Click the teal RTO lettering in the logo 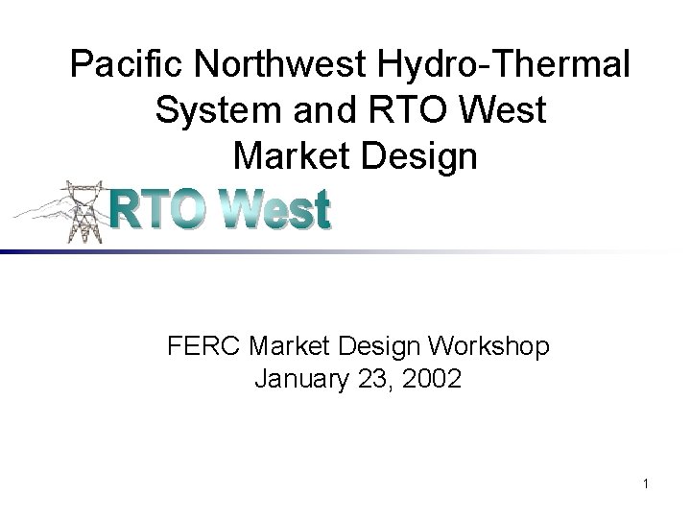click(163, 209)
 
